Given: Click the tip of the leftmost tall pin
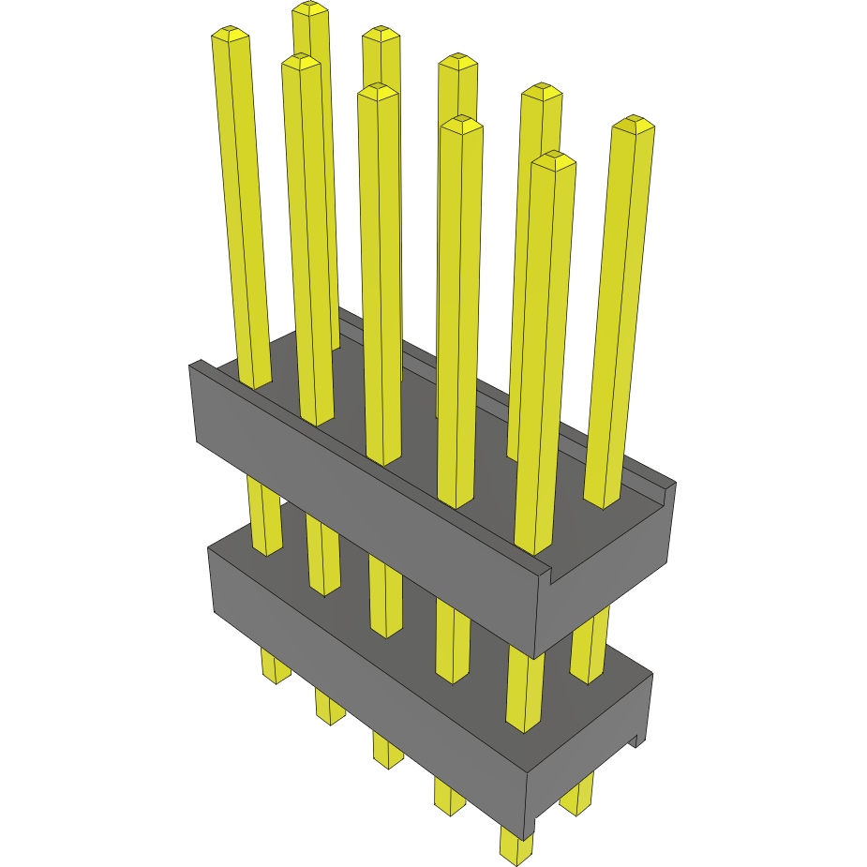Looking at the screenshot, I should [x=231, y=35].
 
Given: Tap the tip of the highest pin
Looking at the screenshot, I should [x=310, y=9].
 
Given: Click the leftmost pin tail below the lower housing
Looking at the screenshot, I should [x=275, y=666].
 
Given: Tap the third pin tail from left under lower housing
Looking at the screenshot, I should [x=386, y=749].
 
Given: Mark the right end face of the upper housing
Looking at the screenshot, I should [x=609, y=590].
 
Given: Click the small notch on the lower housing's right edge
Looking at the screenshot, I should [x=638, y=740].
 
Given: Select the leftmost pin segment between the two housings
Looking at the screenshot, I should [x=264, y=516].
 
